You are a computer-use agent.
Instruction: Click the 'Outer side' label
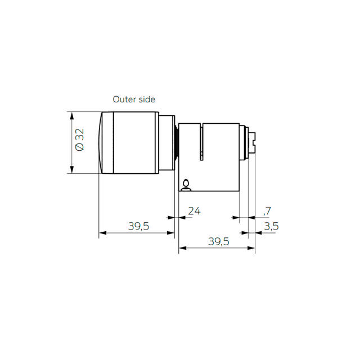pyautogui.click(x=134, y=100)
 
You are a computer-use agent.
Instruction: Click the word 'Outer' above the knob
pyautogui.click(x=124, y=100)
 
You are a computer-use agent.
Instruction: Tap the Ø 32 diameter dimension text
pyautogui.click(x=79, y=139)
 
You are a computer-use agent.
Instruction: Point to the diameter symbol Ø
pyautogui.click(x=79, y=147)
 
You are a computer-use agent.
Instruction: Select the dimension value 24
pyautogui.click(x=194, y=211)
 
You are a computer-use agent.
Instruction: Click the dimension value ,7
pyautogui.click(x=267, y=211)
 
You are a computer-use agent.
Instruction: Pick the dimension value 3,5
pyautogui.click(x=271, y=226)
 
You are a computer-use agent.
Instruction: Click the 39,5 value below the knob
pyautogui.click(x=138, y=226)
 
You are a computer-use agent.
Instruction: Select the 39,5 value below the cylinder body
pyautogui.click(x=218, y=241)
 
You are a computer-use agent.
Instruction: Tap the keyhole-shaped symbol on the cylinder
pyautogui.click(x=186, y=183)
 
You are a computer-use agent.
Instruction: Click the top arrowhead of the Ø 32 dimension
pyautogui.click(x=71, y=114)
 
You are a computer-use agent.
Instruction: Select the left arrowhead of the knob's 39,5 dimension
pyautogui.click(x=102, y=232)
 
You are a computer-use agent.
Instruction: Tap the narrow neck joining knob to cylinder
pyautogui.click(x=176, y=142)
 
